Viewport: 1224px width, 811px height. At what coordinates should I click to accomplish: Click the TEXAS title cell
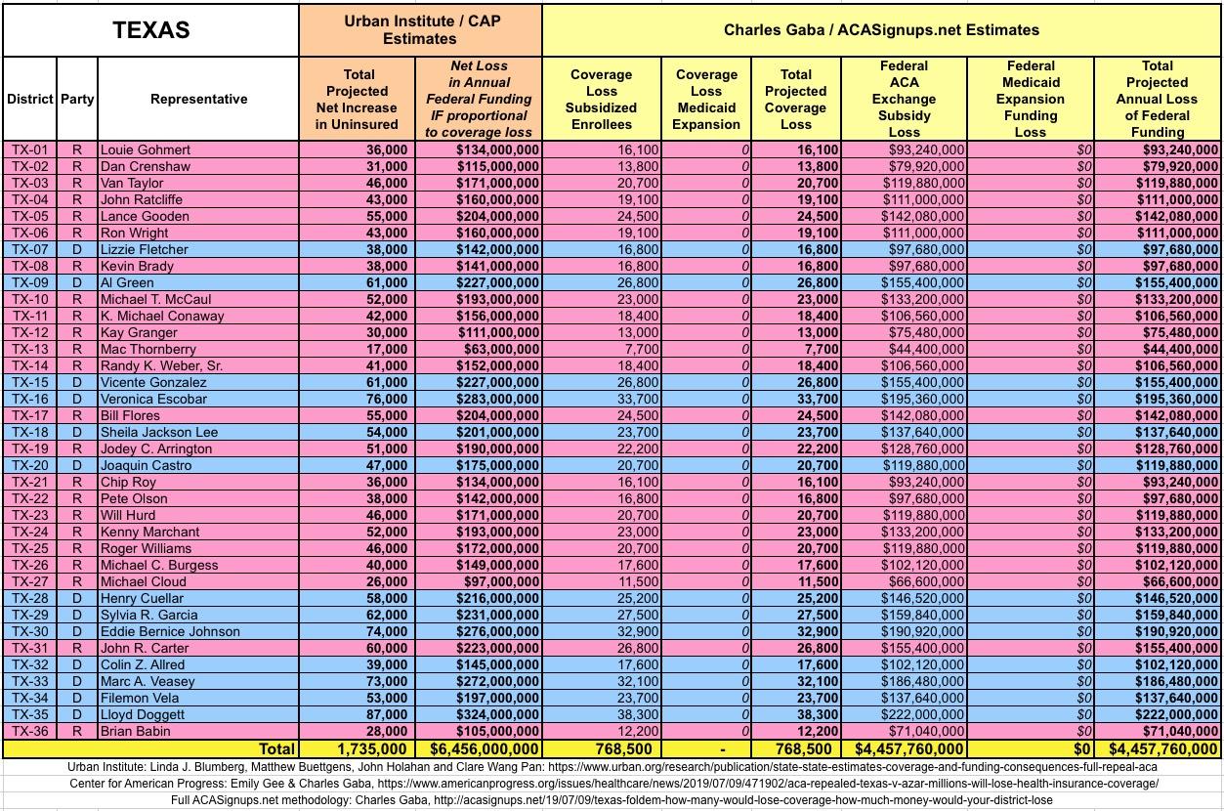[x=150, y=29]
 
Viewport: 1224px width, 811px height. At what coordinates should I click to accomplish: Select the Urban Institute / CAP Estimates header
[x=420, y=29]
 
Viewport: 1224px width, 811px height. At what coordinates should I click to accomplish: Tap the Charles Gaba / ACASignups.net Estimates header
[x=881, y=29]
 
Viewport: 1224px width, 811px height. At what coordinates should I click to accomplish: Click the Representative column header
[x=198, y=99]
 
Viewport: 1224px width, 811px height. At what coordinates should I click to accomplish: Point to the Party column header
[x=77, y=99]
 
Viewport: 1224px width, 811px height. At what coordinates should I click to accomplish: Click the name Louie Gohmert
[x=146, y=149]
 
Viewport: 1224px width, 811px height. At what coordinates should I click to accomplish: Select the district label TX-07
[x=29, y=249]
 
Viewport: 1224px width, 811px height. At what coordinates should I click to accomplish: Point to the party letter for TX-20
[x=77, y=465]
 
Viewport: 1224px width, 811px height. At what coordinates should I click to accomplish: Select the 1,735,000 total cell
[x=370, y=749]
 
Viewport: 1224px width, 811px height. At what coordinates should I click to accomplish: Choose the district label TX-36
[x=29, y=731]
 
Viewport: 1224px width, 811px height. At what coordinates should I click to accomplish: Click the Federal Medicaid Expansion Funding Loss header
[x=1030, y=99]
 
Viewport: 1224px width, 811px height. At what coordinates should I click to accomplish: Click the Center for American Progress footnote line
[x=612, y=784]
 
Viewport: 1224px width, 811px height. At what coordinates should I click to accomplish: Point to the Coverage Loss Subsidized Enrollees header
[x=601, y=99]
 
